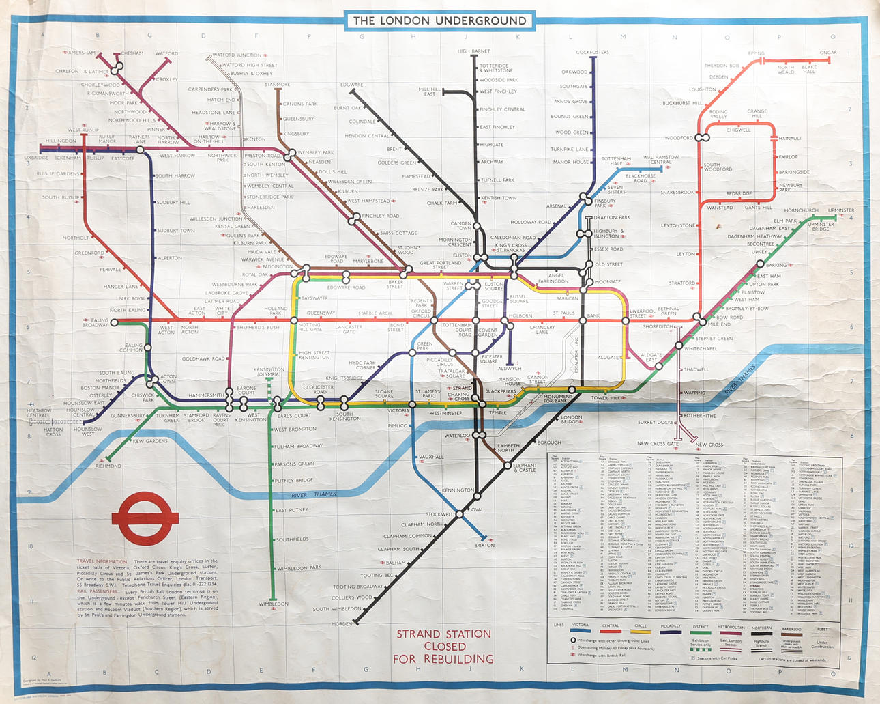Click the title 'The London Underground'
coord(439,20)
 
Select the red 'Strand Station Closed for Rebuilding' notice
coord(443,646)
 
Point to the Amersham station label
coord(81,53)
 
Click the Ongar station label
coord(827,53)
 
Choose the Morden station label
coord(342,623)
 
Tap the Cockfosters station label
coord(592,52)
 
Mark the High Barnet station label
coord(473,51)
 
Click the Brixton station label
coord(484,545)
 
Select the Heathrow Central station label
coord(38,413)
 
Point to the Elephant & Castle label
coord(525,468)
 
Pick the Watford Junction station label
coord(237,55)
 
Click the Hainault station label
coord(790,138)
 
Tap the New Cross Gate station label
coord(658,444)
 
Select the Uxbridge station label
coord(36,158)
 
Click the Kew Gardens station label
coord(150,441)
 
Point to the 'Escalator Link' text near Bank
coord(576,355)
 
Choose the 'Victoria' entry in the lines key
coord(581,625)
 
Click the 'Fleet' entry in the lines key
coord(822,629)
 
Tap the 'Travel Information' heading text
coord(102,561)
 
